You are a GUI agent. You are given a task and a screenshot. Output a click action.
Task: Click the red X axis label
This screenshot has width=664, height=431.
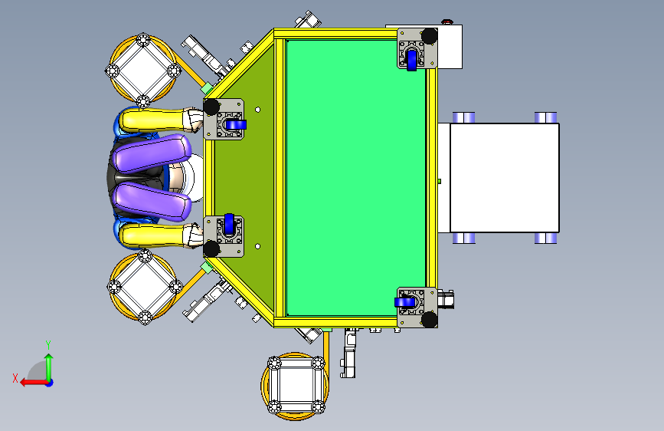click(15, 378)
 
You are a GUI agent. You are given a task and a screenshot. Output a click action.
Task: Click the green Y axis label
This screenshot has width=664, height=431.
click(48, 344)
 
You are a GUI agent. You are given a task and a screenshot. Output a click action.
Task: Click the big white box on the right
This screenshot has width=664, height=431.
click(505, 178)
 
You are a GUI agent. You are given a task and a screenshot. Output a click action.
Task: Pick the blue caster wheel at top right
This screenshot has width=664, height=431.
click(411, 60)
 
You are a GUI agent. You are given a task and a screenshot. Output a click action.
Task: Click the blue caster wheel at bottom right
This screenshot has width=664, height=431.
click(405, 302)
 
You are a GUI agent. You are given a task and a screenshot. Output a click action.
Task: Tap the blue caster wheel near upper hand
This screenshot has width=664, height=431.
click(236, 125)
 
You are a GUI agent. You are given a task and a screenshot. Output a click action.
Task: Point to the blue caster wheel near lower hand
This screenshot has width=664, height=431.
click(229, 224)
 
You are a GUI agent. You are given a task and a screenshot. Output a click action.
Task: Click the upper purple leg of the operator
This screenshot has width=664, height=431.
click(151, 153)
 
